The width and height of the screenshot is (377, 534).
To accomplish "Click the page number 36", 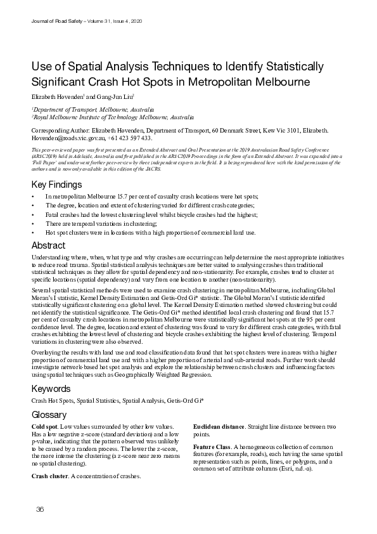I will (40, 511).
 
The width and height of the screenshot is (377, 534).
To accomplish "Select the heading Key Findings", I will (57, 185).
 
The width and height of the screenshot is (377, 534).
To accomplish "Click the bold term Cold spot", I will (44, 426).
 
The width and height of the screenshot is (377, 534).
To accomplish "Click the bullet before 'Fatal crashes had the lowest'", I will (33, 214).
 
